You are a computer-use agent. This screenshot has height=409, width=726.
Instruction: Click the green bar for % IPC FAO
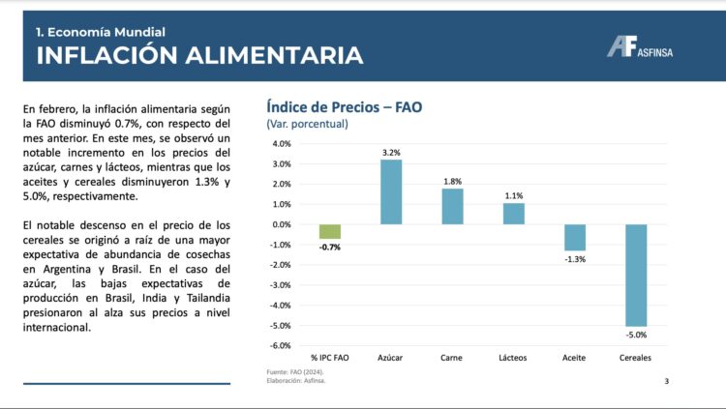pyautogui.click(x=330, y=231)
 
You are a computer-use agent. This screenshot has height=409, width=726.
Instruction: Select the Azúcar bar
pyautogui.click(x=391, y=192)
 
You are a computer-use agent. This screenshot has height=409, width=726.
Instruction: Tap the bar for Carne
pyautogui.click(x=453, y=206)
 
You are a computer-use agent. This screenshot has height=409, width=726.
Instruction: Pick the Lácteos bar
pyautogui.click(x=514, y=214)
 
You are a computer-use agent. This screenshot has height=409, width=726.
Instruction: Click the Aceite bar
pyautogui.click(x=575, y=237)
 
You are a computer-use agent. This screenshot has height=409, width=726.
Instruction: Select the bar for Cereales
pyautogui.click(x=635, y=275)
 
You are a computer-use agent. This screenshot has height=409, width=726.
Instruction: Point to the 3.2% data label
pyautogui.click(x=391, y=153)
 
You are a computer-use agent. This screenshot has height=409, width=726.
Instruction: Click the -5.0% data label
pyautogui.click(x=635, y=335)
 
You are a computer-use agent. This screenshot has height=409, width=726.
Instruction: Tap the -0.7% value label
pyautogui.click(x=330, y=248)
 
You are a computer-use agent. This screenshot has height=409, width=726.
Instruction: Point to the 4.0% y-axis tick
pyautogui.click(x=282, y=144)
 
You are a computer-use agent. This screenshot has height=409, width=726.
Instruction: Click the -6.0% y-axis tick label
pyautogui.click(x=281, y=345)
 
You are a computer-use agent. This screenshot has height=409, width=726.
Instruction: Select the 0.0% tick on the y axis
pyautogui.click(x=282, y=224)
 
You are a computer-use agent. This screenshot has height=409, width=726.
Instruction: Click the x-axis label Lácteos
pyautogui.click(x=514, y=358)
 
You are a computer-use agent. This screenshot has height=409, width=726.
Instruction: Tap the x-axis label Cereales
pyautogui.click(x=635, y=358)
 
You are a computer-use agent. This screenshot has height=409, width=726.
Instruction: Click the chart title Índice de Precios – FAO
pyautogui.click(x=344, y=107)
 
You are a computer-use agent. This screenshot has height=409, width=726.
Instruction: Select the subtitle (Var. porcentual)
pyautogui.click(x=307, y=124)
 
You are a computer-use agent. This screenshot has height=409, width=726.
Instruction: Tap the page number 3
pyautogui.click(x=666, y=381)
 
